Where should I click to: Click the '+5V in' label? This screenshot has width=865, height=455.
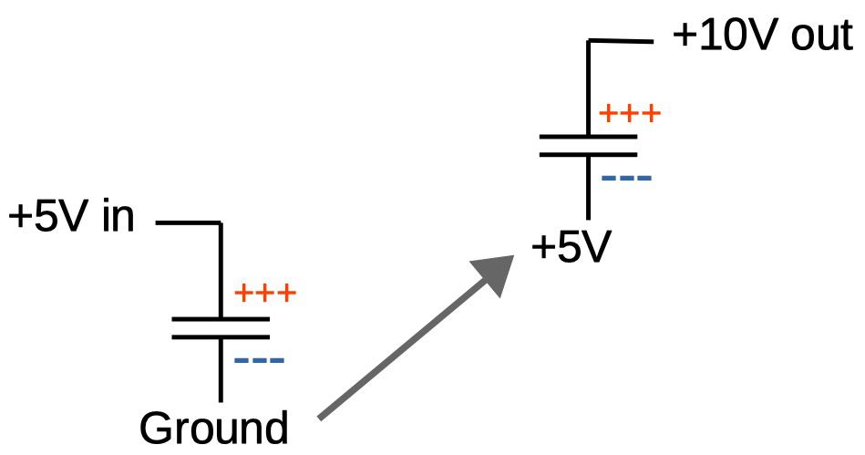[71, 219]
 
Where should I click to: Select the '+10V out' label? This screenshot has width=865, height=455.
[761, 37]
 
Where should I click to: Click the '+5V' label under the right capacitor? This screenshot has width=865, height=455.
[570, 247]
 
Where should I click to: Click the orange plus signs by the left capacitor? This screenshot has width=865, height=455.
[266, 294]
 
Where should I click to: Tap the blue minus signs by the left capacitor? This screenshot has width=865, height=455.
[260, 361]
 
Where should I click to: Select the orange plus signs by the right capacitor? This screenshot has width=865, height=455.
[629, 114]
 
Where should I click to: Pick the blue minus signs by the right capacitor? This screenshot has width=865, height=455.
[626, 176]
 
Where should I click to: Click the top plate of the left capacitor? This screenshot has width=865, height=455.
[221, 319]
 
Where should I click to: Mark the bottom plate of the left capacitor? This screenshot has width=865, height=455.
[221, 336]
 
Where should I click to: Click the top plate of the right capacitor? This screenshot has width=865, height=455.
[588, 138]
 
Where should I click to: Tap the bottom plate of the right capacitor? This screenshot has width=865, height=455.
[588, 154]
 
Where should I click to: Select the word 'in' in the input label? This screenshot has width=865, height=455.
[118, 219]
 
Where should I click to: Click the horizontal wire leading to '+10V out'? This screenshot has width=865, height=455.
[622, 41]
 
